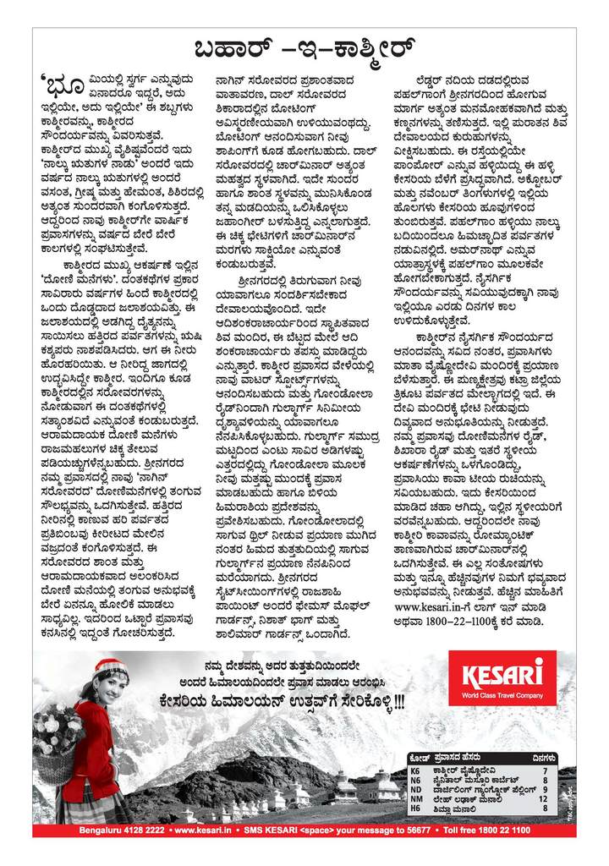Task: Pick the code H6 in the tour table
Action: (x=414, y=808)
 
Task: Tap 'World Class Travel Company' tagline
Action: (x=507, y=694)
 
